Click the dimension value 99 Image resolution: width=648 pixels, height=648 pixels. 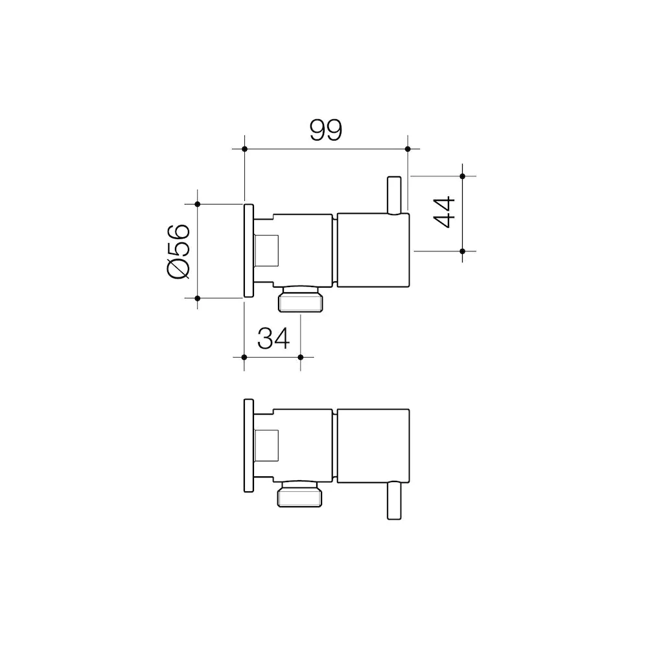[x=326, y=130]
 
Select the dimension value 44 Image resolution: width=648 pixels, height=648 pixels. [x=445, y=212]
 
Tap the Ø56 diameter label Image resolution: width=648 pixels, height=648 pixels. [x=179, y=251]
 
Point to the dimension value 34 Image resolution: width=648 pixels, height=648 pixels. [x=273, y=338]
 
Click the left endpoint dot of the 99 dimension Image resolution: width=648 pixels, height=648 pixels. [x=245, y=149]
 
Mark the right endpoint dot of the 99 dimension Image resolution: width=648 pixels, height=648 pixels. [x=408, y=149]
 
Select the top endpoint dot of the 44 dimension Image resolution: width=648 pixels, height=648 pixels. [x=463, y=176]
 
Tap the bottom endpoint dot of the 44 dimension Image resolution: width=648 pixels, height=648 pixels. [x=463, y=251]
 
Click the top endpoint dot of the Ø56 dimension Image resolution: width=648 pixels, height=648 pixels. [x=198, y=204]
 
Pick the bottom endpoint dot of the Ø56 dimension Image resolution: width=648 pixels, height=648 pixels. [x=198, y=298]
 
